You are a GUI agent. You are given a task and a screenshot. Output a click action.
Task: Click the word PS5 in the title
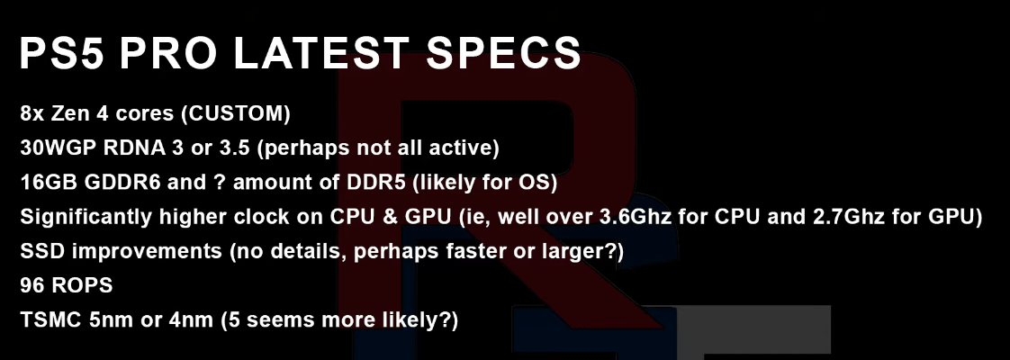click(x=63, y=52)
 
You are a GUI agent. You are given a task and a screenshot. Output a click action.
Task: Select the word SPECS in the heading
click(x=504, y=52)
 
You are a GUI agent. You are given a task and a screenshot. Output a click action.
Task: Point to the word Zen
click(x=68, y=114)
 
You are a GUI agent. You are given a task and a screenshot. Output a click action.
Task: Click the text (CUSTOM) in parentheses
click(x=235, y=114)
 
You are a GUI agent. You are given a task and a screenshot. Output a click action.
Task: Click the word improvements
click(x=148, y=251)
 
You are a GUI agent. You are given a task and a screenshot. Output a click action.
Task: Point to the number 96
click(x=32, y=285)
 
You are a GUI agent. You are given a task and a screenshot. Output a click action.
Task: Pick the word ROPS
click(x=82, y=285)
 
